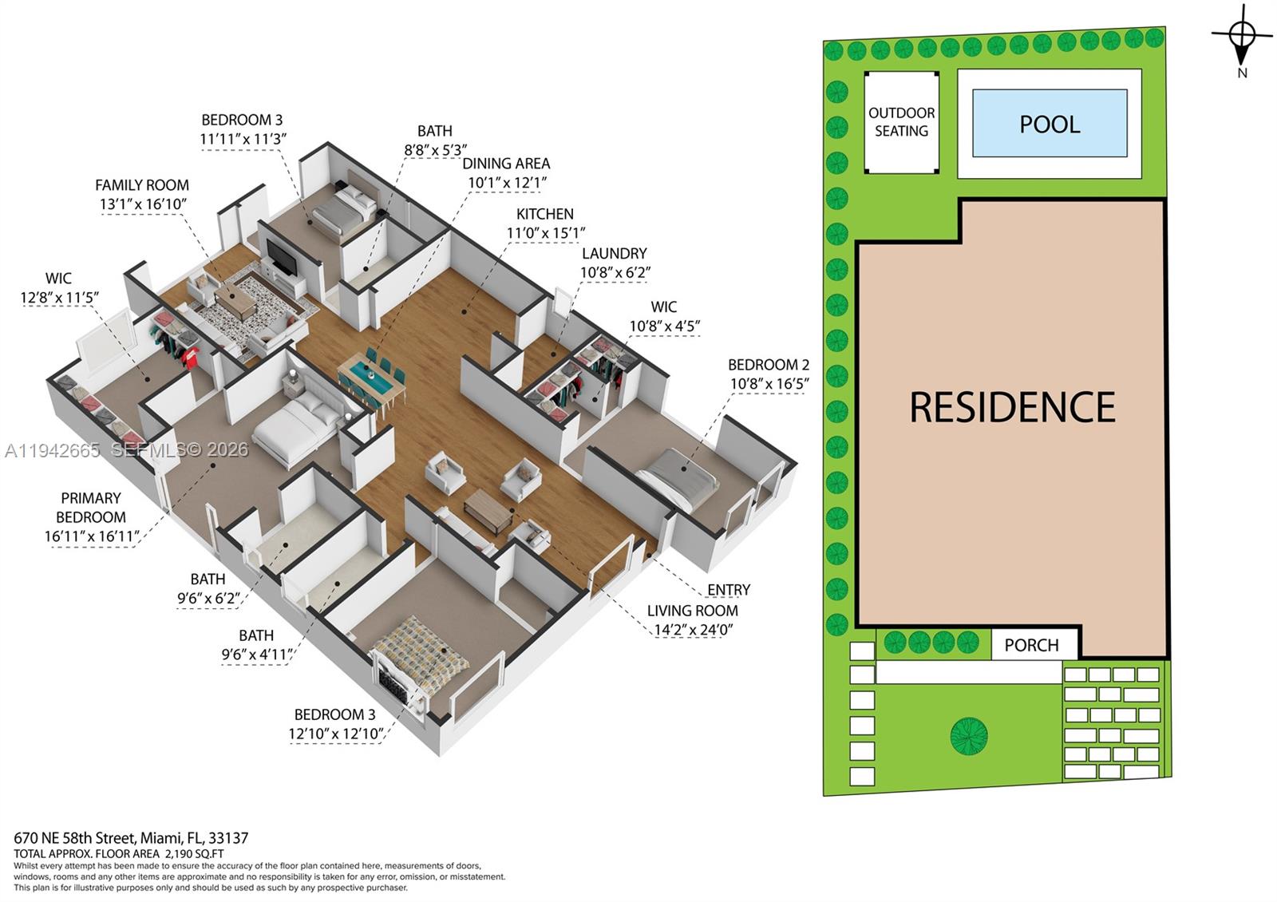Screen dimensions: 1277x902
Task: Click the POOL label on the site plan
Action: pos(1050,125)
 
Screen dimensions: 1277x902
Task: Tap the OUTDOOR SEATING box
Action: pos(901,122)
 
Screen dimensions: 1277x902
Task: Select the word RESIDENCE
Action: pos(1012,407)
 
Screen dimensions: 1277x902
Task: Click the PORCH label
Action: pos(1031,645)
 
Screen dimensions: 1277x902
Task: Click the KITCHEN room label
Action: pos(544,214)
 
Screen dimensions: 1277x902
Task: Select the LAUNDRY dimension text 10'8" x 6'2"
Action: pos(615,272)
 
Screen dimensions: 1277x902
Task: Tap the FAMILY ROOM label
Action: pos(142,184)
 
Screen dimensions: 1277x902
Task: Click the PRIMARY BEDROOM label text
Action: pos(91,508)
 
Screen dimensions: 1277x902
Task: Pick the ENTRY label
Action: pos(729,590)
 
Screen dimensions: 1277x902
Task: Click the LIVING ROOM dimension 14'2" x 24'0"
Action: pos(693,630)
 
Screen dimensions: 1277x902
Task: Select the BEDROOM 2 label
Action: pos(769,364)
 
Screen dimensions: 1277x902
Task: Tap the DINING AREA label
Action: pos(506,164)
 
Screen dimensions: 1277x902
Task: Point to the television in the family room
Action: pos(282,258)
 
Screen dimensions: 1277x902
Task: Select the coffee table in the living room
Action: pos(488,511)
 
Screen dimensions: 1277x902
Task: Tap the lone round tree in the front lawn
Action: pos(969,735)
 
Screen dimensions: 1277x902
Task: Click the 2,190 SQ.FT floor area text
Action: pos(195,853)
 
